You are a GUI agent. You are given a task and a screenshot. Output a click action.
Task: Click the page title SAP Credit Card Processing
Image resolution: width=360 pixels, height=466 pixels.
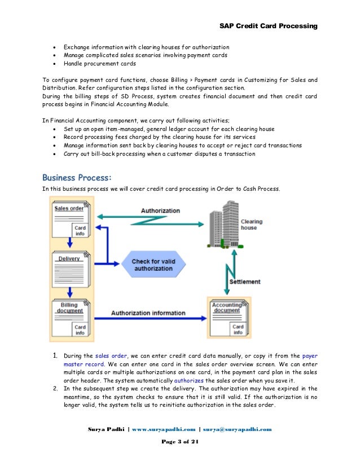click(269, 26)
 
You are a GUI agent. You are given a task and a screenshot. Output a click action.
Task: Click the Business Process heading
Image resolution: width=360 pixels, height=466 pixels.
click(77, 177)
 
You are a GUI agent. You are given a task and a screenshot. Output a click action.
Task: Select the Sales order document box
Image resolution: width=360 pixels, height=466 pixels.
click(71, 219)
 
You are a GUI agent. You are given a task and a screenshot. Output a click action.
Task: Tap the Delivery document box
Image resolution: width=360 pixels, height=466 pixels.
click(71, 269)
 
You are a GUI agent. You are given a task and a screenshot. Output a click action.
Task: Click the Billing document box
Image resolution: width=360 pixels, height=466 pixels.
click(71, 318)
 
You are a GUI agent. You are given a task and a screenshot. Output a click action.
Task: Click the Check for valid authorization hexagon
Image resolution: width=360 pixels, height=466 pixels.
click(153, 264)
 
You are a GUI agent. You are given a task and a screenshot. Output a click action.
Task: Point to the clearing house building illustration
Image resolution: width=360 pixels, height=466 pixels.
click(225, 225)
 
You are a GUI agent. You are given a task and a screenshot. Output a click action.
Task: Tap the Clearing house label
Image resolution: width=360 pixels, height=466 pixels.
click(252, 225)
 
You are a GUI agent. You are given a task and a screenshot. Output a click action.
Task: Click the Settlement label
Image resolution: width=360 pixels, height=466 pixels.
click(245, 282)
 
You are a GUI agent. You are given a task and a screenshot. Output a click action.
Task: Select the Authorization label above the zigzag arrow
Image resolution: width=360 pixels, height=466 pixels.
click(160, 210)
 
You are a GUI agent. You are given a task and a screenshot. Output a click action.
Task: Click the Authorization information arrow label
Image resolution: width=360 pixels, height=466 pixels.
click(148, 313)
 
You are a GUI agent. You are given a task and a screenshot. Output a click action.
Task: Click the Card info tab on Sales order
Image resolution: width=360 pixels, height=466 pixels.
click(80, 231)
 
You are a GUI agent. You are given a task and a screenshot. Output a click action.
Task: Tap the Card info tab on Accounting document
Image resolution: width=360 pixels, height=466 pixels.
click(238, 329)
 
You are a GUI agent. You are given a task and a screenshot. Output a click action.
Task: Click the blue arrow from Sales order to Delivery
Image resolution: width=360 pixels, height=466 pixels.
click(70, 243)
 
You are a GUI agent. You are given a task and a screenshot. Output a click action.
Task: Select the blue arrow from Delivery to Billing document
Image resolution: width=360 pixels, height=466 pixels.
click(70, 292)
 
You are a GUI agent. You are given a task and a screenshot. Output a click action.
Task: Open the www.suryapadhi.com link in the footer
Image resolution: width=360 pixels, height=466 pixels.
click(164, 429)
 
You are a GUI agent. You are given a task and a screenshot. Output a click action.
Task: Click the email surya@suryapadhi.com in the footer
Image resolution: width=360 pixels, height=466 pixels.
click(237, 429)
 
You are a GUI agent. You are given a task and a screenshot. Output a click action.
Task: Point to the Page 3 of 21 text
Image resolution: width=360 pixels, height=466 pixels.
click(180, 442)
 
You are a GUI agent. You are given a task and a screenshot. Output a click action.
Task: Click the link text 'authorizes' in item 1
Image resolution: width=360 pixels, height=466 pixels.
click(189, 380)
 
